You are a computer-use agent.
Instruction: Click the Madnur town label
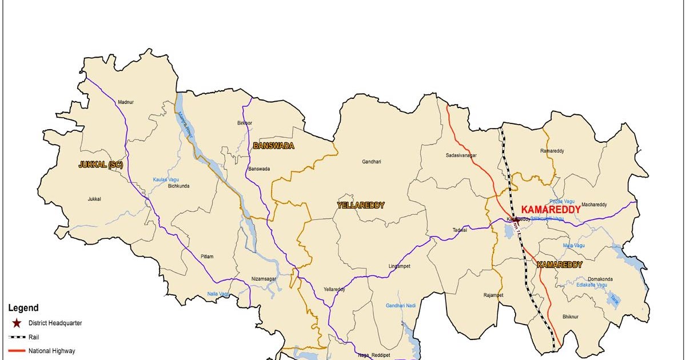click(125, 102)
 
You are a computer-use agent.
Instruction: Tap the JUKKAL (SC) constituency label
click(101, 165)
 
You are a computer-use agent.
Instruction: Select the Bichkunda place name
click(178, 186)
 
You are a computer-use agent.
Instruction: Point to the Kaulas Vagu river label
click(166, 179)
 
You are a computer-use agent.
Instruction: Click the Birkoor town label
click(244, 123)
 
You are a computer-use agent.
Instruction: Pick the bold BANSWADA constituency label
click(273, 146)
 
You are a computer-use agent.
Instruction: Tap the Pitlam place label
click(207, 257)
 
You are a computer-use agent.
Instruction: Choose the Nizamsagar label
click(264, 279)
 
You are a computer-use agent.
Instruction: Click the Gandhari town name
click(371, 162)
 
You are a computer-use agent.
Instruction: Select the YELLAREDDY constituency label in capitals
click(361, 205)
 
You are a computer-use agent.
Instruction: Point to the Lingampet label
click(400, 266)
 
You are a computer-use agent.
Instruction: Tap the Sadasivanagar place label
click(461, 155)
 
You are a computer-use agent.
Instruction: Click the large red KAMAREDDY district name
click(551, 210)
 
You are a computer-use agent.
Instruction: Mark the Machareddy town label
click(594, 205)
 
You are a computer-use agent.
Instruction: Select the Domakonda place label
click(599, 279)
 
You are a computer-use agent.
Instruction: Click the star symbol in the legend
click(16, 323)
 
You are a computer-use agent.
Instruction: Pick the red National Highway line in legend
click(16, 351)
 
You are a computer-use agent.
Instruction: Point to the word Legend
click(23, 308)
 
